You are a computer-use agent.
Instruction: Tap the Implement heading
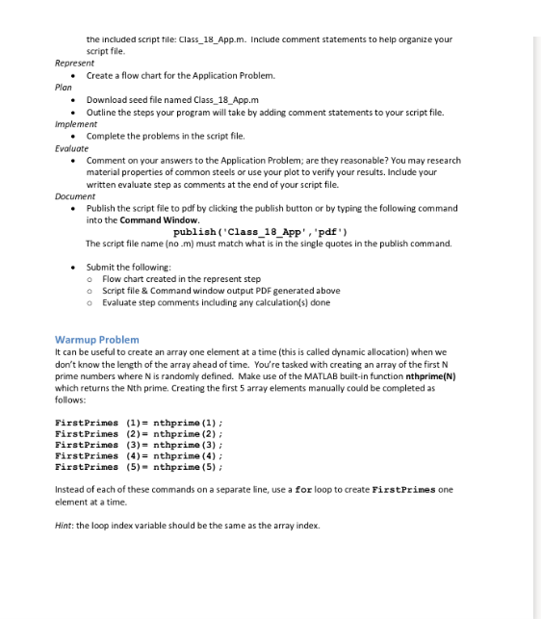point(76,123)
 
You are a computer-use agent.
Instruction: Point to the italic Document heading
point(75,195)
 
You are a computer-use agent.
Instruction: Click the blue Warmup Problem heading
point(97,340)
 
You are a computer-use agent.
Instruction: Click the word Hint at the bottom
point(64,526)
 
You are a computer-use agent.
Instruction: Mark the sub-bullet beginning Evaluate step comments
point(216,302)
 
